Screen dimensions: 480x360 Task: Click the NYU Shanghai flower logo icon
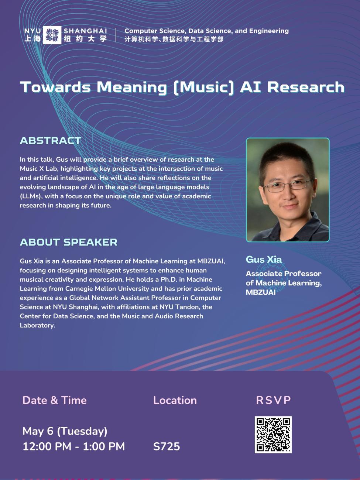pyautogui.click(x=52, y=35)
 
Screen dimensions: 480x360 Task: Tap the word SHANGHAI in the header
pyautogui.click(x=85, y=31)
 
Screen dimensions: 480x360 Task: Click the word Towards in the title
pyautogui.click(x=55, y=87)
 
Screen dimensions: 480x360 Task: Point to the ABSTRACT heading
pyautogui.click(x=51, y=141)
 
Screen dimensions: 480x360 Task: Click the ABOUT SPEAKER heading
pyautogui.click(x=69, y=242)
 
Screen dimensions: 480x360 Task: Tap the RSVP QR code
pyautogui.click(x=273, y=435)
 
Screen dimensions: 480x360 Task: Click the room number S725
pyautogui.click(x=167, y=446)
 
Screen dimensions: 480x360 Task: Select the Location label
pyautogui.click(x=175, y=400)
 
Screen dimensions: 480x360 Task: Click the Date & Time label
pyautogui.click(x=55, y=400)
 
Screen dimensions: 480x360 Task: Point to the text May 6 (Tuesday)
pyautogui.click(x=65, y=431)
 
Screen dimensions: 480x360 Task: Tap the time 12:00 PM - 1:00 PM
pyautogui.click(x=74, y=446)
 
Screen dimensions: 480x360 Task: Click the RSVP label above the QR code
pyautogui.click(x=274, y=400)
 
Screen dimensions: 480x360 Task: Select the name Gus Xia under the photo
pyautogui.click(x=264, y=260)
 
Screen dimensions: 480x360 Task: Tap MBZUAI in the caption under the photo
pyautogui.click(x=261, y=292)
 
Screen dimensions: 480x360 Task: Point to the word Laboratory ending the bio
pyautogui.click(x=37, y=325)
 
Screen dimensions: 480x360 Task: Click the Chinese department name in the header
pyautogui.click(x=174, y=39)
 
